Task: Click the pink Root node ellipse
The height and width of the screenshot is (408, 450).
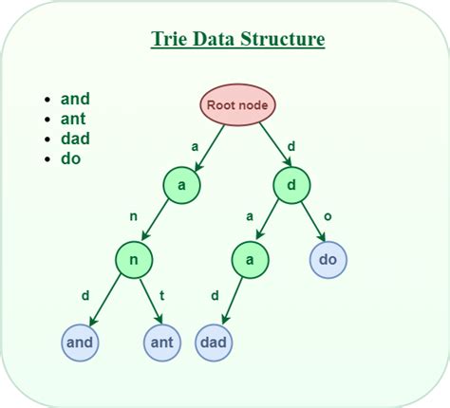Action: pos(237,105)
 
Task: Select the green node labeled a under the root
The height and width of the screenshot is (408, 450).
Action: pos(181,184)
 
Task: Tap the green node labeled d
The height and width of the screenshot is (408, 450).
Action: pos(292,184)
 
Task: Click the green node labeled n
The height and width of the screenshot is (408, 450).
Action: pos(135,258)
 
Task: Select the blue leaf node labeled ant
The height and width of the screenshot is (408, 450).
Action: pos(162,340)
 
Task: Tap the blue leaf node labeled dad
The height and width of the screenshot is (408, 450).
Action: pos(216,340)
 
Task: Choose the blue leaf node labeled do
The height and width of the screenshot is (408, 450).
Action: pos(328,258)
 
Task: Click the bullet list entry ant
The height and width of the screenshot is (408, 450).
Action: pos(75,119)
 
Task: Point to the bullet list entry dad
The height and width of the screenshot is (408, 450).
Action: pos(75,139)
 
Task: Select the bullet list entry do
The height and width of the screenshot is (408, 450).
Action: pos(70,158)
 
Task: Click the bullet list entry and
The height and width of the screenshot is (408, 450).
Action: pos(75,99)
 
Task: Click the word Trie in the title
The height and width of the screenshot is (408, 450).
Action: pos(169,40)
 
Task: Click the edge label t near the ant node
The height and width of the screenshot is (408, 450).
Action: pos(161,295)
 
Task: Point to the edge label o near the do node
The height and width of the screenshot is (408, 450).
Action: pos(328,217)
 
